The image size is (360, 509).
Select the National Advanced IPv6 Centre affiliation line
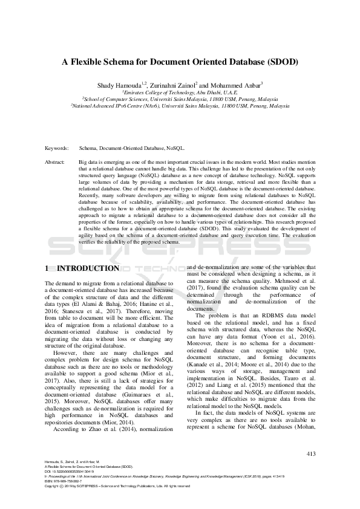tap(180, 105)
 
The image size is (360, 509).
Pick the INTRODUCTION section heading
tap(91, 268)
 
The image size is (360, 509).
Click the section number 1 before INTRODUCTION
tap(48, 268)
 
